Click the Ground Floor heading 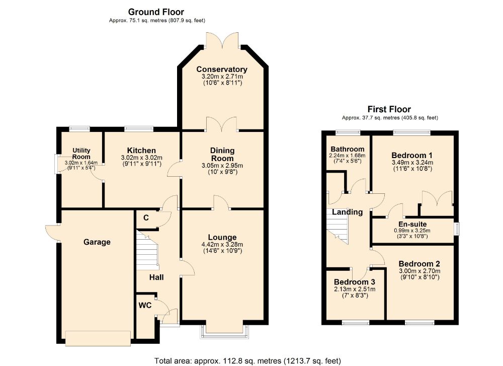click(156, 12)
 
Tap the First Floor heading click(389, 109)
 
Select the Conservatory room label click(222, 69)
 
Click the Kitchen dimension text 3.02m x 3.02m click(141, 158)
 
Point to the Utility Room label click(81, 154)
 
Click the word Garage click(97, 242)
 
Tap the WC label click(145, 305)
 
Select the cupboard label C click(146, 218)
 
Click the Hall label click(156, 277)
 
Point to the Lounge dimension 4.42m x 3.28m click(222, 245)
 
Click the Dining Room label click(222, 155)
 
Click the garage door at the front click(98, 338)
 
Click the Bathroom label click(348, 149)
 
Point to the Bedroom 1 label click(412, 156)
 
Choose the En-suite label click(412, 224)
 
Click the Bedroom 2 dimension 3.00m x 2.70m click(420, 271)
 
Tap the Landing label click(348, 212)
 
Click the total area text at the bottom click(247, 361)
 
